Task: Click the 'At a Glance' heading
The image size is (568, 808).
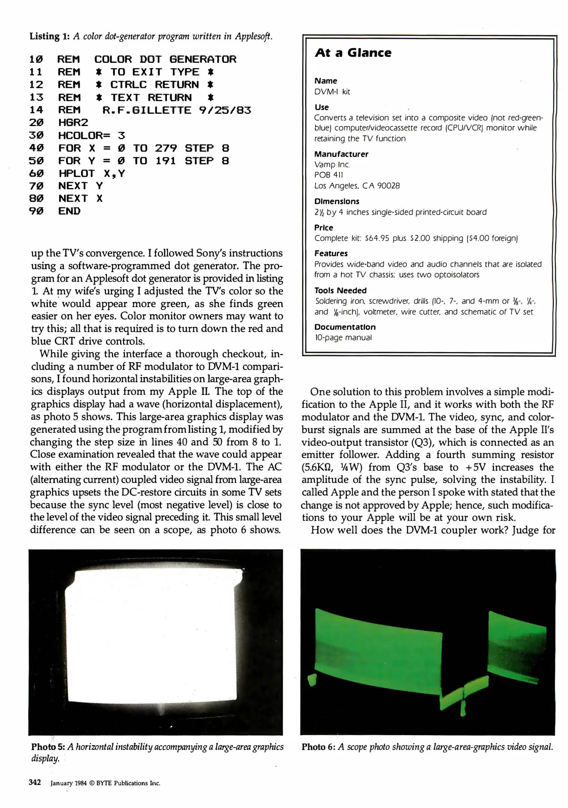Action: (353, 53)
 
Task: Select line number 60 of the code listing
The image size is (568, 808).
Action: (36, 174)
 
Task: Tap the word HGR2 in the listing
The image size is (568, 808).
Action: (73, 123)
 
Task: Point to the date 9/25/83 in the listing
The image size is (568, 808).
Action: (225, 110)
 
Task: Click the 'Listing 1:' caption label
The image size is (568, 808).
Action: (49, 36)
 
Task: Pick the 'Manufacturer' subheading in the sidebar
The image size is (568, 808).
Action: (341, 154)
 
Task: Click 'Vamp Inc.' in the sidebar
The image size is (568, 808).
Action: (332, 165)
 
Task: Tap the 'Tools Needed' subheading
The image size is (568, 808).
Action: (340, 291)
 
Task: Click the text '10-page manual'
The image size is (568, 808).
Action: (343, 337)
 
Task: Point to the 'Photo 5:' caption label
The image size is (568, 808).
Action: (48, 747)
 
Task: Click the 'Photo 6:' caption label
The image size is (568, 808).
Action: (318, 747)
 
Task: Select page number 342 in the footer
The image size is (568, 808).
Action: (35, 783)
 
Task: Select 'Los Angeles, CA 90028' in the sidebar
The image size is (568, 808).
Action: (357, 186)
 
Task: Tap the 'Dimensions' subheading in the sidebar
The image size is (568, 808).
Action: (336, 202)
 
